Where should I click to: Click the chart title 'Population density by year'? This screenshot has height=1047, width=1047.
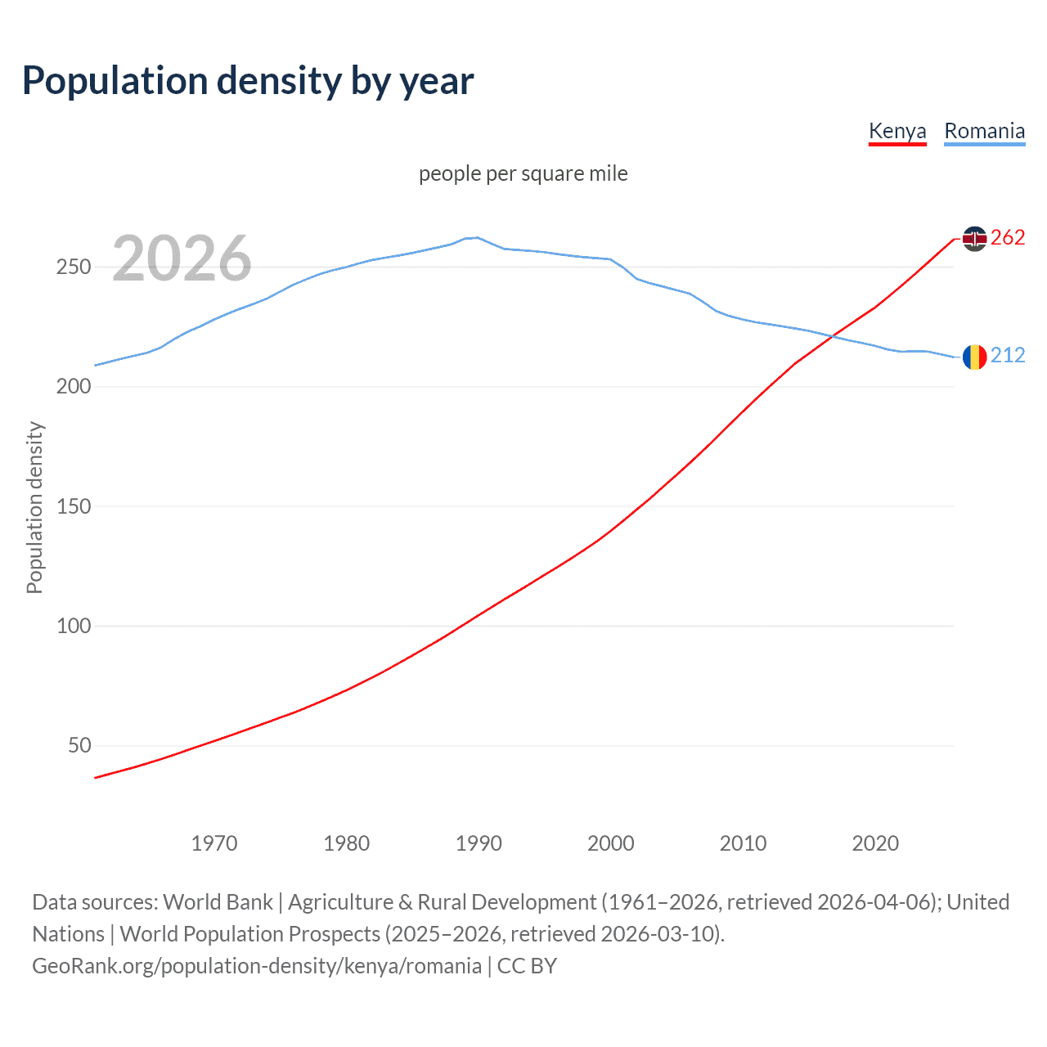click(248, 81)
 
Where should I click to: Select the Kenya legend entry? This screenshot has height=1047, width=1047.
click(897, 131)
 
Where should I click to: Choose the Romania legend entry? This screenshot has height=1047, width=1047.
click(984, 131)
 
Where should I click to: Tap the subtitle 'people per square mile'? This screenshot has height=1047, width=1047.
click(523, 173)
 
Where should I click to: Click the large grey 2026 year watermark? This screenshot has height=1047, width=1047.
click(182, 258)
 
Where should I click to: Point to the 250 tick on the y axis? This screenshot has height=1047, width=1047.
click(73, 267)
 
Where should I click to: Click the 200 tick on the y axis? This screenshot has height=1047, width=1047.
click(73, 387)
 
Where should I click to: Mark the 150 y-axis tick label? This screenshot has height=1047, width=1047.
click(73, 506)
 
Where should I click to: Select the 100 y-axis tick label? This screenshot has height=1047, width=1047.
click(73, 626)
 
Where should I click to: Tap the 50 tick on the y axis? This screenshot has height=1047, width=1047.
click(79, 745)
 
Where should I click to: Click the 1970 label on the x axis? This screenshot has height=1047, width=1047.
click(214, 843)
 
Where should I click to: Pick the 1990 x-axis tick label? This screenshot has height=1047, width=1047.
click(479, 843)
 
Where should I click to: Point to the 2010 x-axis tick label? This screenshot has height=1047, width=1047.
click(743, 843)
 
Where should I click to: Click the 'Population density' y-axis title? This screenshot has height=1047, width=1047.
click(34, 507)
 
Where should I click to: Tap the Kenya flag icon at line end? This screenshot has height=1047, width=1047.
click(974, 238)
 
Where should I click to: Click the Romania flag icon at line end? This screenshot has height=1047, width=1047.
click(974, 357)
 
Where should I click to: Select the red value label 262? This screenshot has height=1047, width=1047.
click(1008, 238)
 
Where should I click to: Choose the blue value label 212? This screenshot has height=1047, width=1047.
click(1008, 355)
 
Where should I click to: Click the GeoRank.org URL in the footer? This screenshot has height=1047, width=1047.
click(257, 966)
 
